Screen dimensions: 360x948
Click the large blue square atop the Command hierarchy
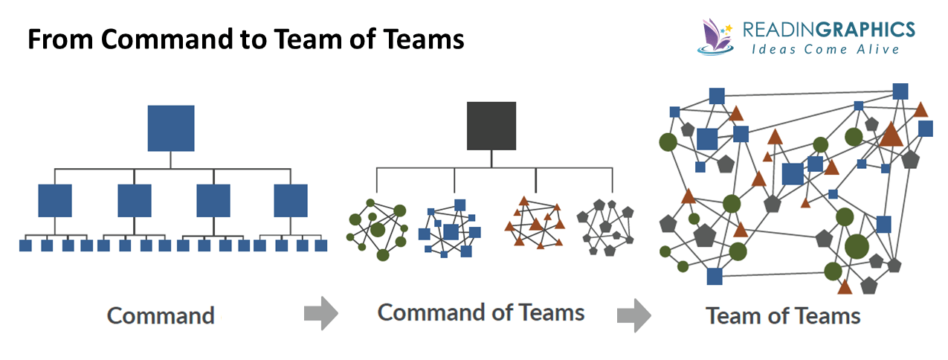coord(171,129)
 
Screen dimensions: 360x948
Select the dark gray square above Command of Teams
coord(491,126)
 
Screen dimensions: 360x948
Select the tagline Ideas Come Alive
coord(825,49)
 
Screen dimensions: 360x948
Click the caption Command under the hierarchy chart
coord(161,315)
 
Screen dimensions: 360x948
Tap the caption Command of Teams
coord(481,312)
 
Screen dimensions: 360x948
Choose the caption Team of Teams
coord(783,315)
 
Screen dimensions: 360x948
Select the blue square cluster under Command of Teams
coord(449,229)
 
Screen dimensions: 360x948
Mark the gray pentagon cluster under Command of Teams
coord(606,226)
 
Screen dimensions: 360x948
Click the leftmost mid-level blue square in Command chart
coord(54,200)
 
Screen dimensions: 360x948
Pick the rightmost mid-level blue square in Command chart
coord(291,200)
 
